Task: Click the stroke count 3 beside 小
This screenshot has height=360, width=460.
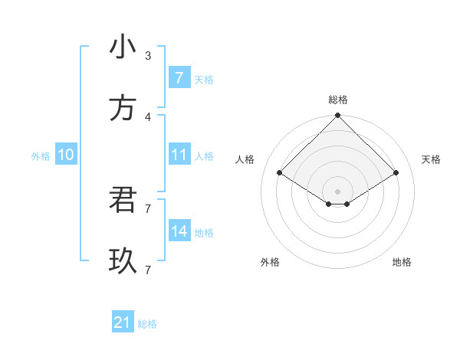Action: [148, 55]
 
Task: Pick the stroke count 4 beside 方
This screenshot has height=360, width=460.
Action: [148, 116]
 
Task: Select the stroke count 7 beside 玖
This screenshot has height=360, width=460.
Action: [148, 270]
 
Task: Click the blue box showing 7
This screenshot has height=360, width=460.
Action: [179, 77]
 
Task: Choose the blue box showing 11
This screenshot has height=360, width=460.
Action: [179, 155]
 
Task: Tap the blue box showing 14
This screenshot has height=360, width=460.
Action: [179, 231]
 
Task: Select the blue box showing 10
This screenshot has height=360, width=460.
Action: [66, 155]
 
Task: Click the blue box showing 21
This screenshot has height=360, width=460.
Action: [123, 322]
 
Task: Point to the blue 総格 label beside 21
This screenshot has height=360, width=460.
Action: [147, 324]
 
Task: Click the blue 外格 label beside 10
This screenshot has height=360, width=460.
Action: [41, 156]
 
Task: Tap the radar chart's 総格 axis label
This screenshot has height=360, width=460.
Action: [338, 100]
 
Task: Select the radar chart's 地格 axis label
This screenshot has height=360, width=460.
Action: [402, 262]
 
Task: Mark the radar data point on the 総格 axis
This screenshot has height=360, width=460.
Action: [338, 116]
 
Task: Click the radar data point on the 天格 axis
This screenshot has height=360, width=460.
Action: [396, 173]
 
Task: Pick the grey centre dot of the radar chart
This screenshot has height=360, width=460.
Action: [338, 191]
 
